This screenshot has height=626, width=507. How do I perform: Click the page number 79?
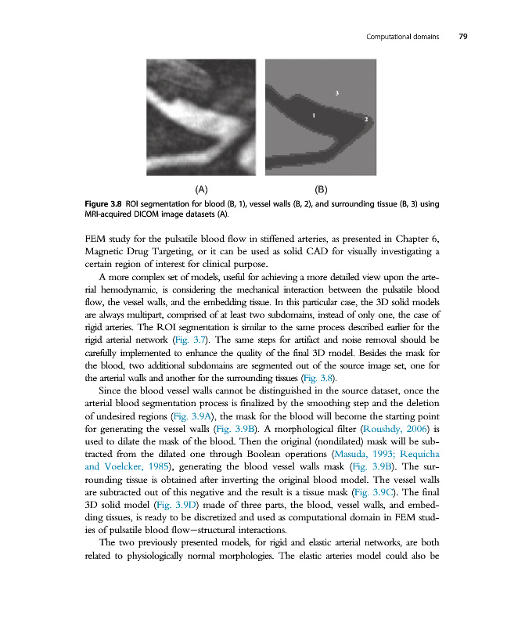pos(463,37)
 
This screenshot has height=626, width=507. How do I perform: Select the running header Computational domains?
pos(401,37)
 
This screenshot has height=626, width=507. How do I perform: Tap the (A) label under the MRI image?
pos(201,189)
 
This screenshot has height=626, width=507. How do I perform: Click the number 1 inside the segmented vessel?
pos(314,115)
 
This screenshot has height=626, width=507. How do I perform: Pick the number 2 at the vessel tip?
pos(366,119)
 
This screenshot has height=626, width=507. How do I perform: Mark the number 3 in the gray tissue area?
pos(336,93)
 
